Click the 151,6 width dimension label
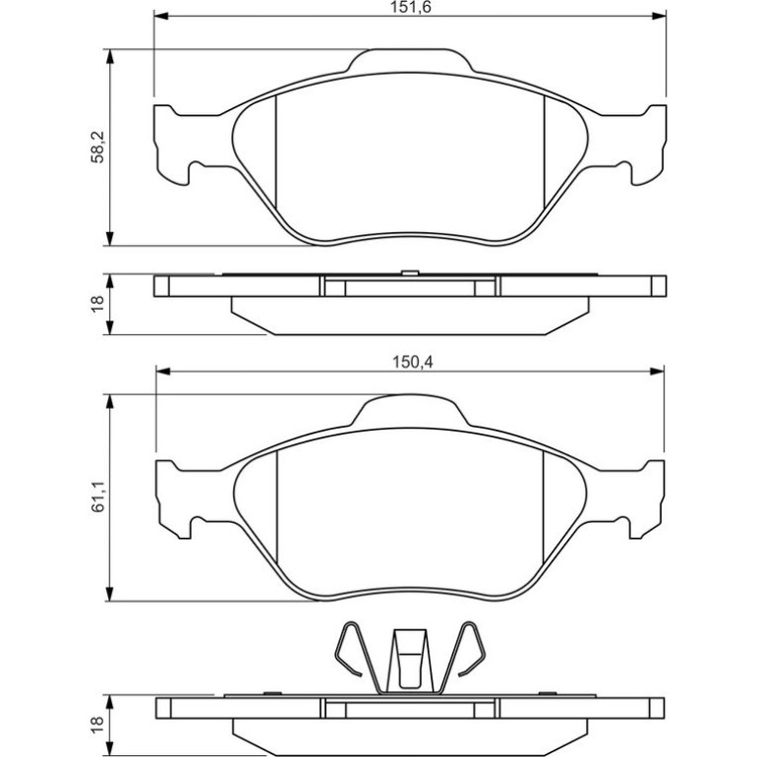[x=410, y=7]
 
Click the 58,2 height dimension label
[x=97, y=147]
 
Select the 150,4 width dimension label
[x=412, y=362]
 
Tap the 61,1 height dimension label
[x=97, y=497]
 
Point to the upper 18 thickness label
[x=97, y=304]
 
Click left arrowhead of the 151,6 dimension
[x=161, y=16]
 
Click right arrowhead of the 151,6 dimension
[x=659, y=16]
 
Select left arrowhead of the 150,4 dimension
[x=163, y=372]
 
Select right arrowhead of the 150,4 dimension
[x=657, y=372]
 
